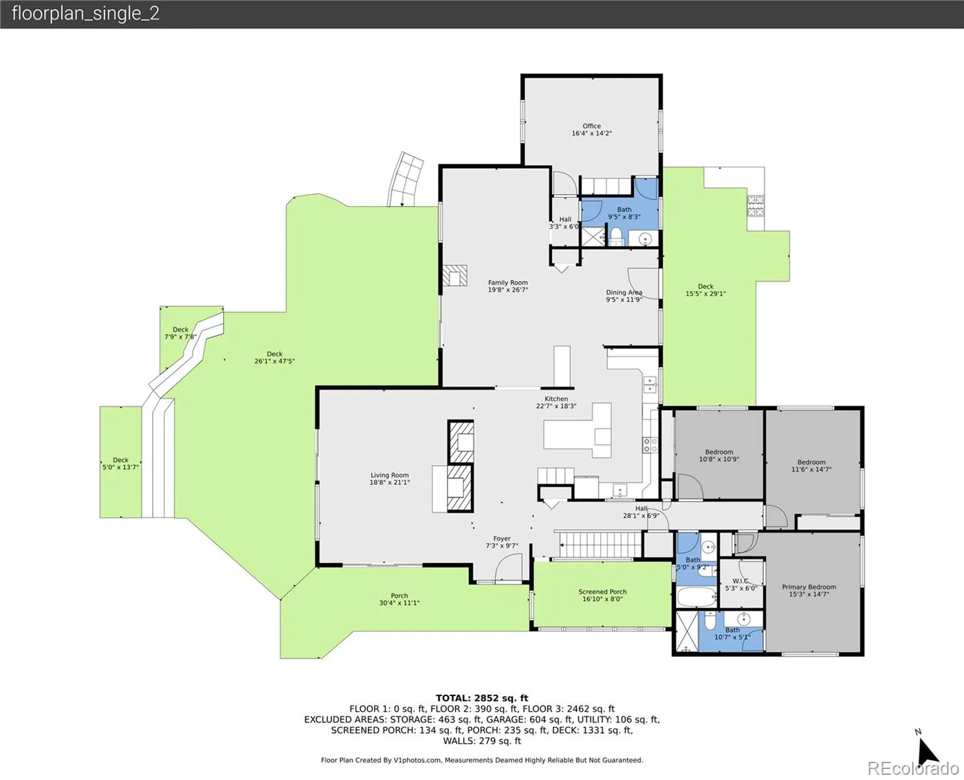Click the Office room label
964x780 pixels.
pyautogui.click(x=592, y=129)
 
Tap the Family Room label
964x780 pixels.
pyautogui.click(x=508, y=286)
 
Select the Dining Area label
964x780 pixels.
pyautogui.click(x=624, y=296)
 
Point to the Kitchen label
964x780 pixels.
pyautogui.click(x=556, y=402)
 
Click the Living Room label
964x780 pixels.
pyautogui.click(x=390, y=478)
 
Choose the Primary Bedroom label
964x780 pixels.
pyautogui.click(x=809, y=590)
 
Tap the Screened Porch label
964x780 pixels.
pyautogui.click(x=602, y=595)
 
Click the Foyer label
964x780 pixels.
pyautogui.click(x=502, y=542)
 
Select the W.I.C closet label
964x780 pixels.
pyautogui.click(x=741, y=584)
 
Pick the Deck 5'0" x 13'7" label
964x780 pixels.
pyautogui.click(x=120, y=463)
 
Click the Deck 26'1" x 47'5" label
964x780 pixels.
pyautogui.click(x=274, y=357)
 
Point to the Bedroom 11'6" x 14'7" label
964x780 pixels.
pyautogui.click(x=811, y=465)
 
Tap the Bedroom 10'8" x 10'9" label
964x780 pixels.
pyautogui.click(x=719, y=455)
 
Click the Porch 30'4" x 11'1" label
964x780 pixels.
pyautogui.click(x=400, y=599)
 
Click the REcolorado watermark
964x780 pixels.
pyautogui.click(x=913, y=768)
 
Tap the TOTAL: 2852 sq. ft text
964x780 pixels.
pyautogui.click(x=482, y=698)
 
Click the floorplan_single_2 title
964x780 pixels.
pyautogui.click(x=86, y=14)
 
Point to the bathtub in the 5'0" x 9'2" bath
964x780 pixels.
pyautogui.click(x=696, y=597)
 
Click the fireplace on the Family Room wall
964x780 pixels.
pyautogui.click(x=455, y=276)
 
